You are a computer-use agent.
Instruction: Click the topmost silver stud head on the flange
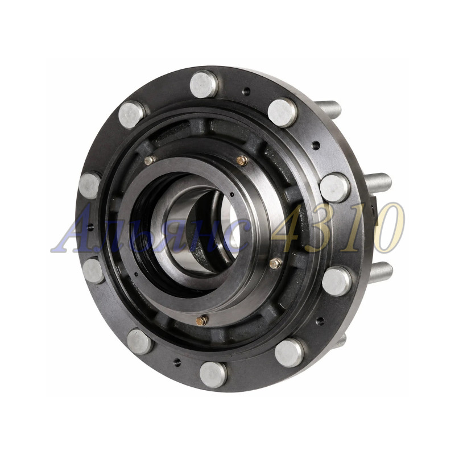click(204, 84)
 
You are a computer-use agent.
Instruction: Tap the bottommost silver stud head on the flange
click(213, 375)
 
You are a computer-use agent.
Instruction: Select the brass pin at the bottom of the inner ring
click(201, 320)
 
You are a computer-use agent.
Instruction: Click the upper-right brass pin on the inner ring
click(242, 160)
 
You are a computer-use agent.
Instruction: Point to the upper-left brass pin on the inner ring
click(150, 160)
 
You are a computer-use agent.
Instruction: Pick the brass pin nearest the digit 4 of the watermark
click(275, 263)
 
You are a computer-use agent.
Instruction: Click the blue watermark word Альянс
click(151, 229)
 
